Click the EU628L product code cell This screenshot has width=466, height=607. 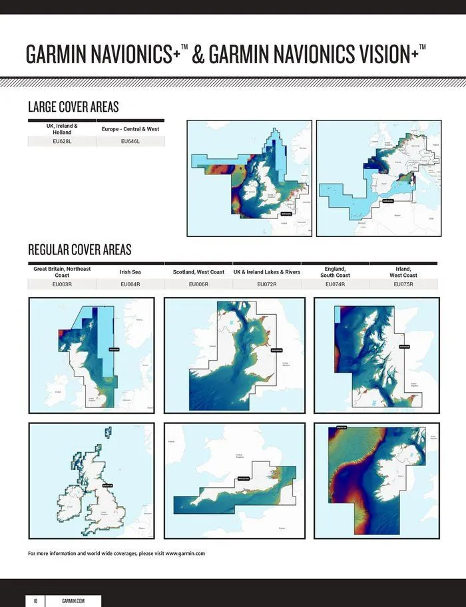pyautogui.click(x=62, y=142)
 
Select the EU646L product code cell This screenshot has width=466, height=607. pyautogui.click(x=130, y=142)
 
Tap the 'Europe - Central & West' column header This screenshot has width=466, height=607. pyautogui.click(x=130, y=128)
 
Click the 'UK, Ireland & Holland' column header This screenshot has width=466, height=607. pyautogui.click(x=62, y=128)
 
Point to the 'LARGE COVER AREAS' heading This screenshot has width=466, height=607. pyautogui.click(x=73, y=107)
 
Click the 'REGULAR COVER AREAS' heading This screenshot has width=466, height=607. pyautogui.click(x=80, y=250)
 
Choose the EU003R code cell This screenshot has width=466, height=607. pyautogui.click(x=62, y=284)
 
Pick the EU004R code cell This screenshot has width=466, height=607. pyautogui.click(x=130, y=284)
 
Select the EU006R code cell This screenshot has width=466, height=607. pyautogui.click(x=198, y=284)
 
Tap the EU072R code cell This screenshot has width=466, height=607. pyautogui.click(x=266, y=284)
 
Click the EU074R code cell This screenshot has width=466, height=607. pyautogui.click(x=335, y=284)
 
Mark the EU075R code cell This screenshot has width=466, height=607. pyautogui.click(x=403, y=284)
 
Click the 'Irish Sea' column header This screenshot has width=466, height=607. pyautogui.click(x=130, y=272)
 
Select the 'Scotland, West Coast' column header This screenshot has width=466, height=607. pyautogui.click(x=198, y=272)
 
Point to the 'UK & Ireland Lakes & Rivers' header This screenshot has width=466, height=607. pyautogui.click(x=266, y=272)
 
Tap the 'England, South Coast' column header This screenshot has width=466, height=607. pyautogui.click(x=335, y=272)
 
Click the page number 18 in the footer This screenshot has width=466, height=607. pyautogui.click(x=35, y=600)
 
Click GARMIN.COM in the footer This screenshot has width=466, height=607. pyautogui.click(x=73, y=600)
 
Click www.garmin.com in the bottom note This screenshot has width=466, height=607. pyautogui.click(x=184, y=553)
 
